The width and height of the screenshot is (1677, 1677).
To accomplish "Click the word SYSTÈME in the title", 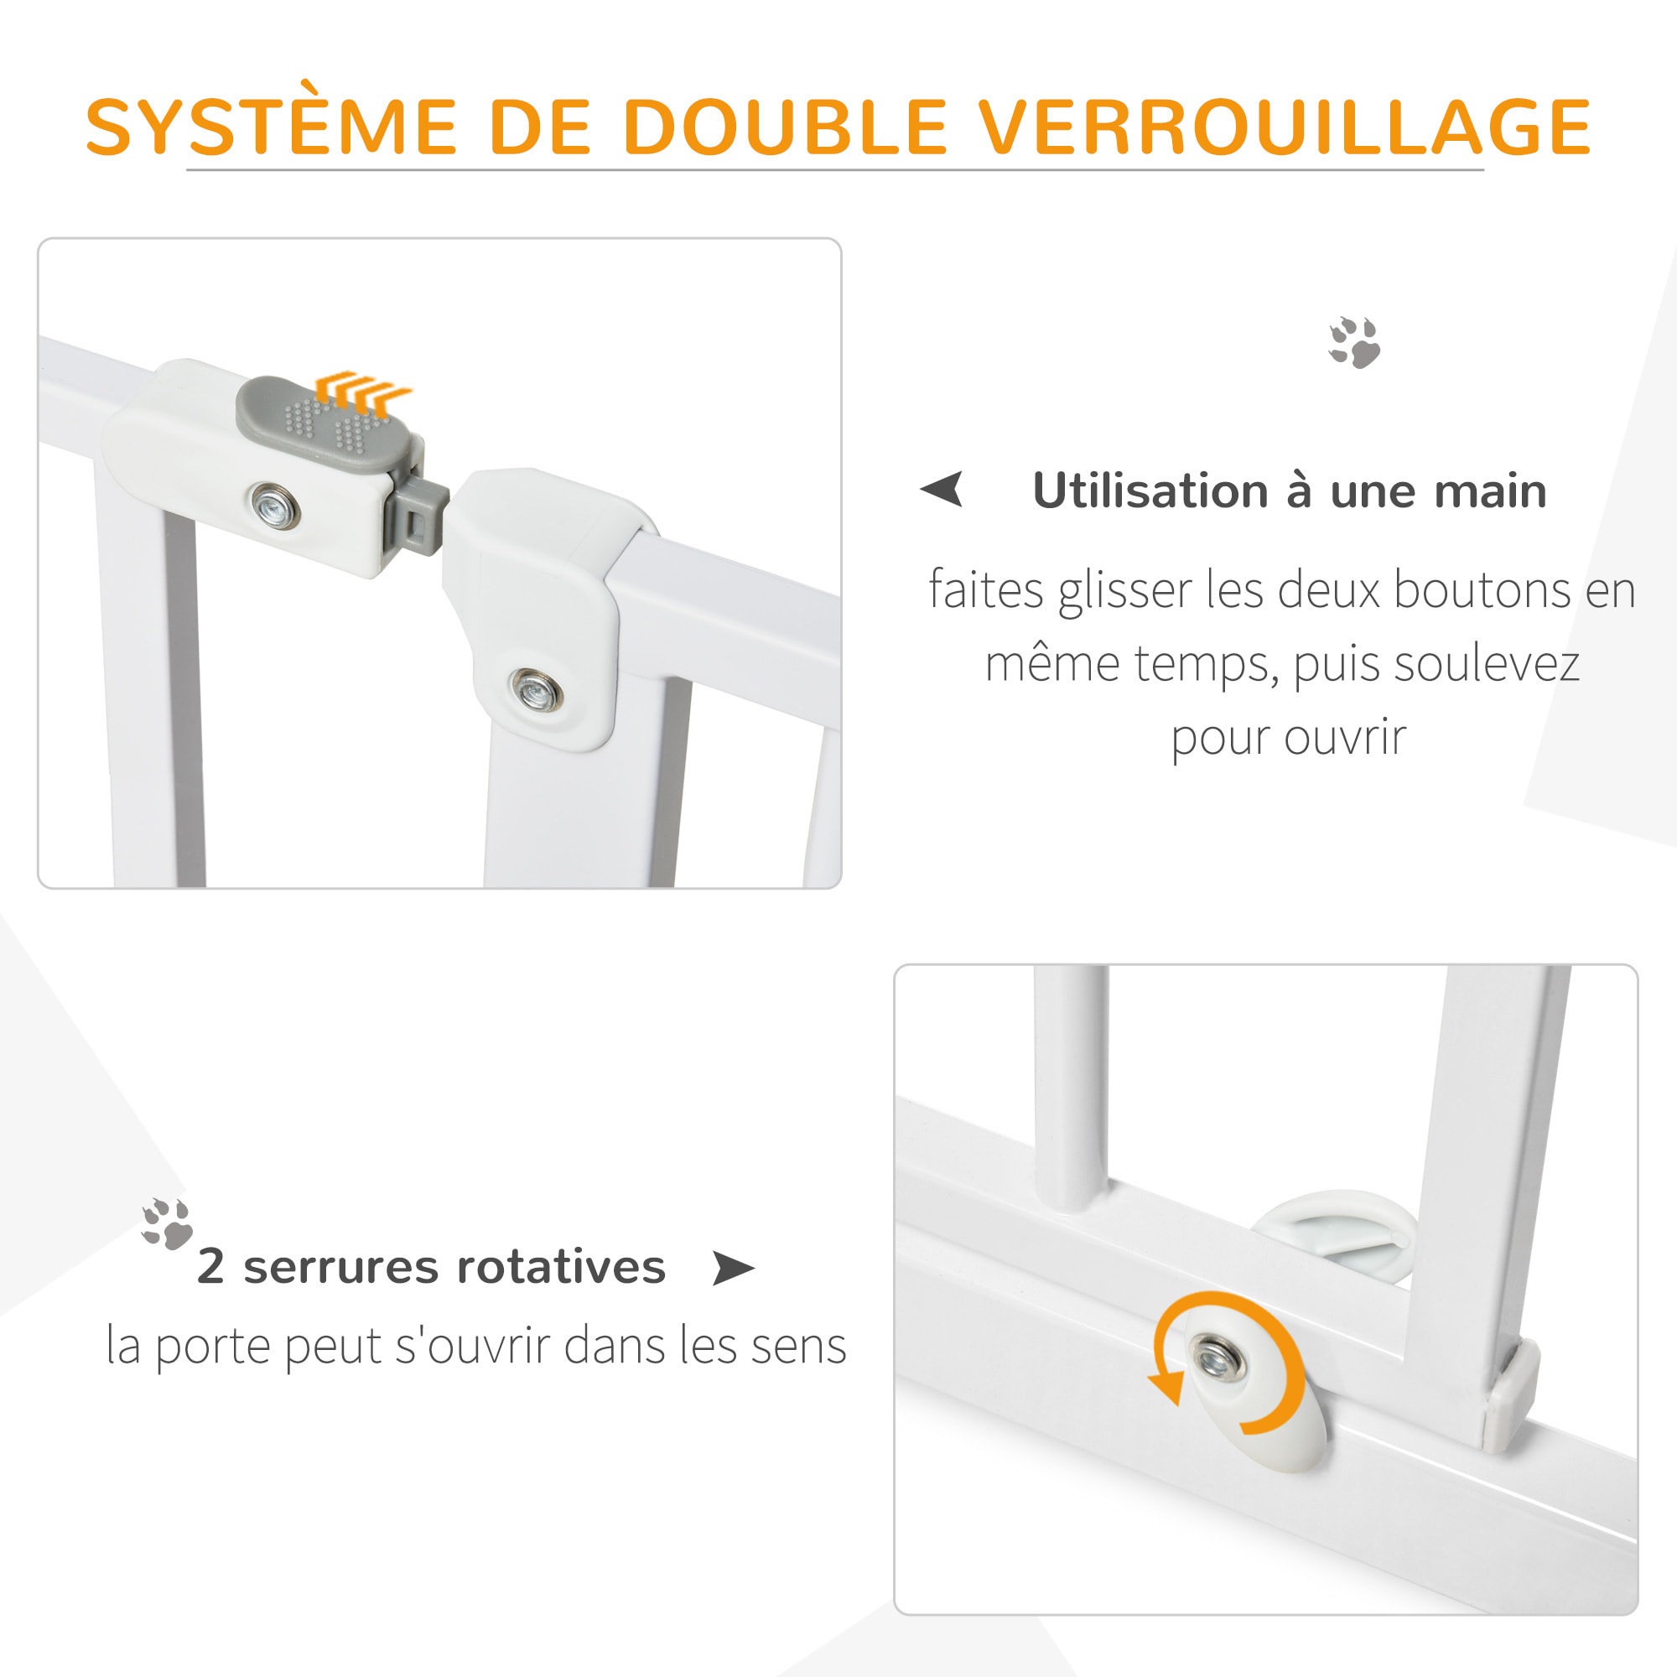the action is [x=271, y=126].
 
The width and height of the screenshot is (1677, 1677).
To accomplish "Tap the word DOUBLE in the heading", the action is [x=785, y=127].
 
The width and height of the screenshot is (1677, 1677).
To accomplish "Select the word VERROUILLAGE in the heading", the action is [x=1285, y=127].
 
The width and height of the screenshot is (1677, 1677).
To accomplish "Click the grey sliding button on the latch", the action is [x=324, y=423].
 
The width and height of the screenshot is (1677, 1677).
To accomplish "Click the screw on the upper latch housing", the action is [x=275, y=505].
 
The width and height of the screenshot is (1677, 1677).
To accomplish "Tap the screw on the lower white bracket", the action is [x=536, y=691].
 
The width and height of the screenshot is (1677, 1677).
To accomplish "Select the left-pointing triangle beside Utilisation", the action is [x=942, y=489].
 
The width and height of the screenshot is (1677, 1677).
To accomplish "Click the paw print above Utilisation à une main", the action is [x=1355, y=342].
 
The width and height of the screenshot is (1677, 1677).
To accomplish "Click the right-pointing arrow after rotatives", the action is [x=734, y=1268].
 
